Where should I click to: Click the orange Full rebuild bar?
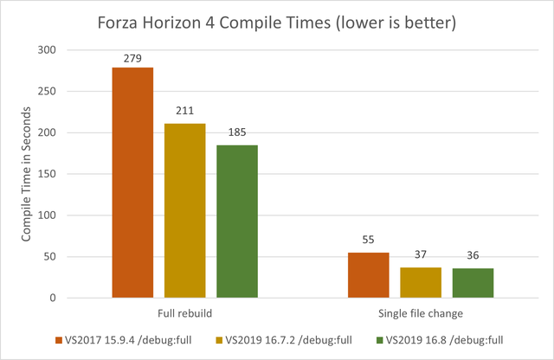point(132,183)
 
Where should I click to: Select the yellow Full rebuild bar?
point(184,210)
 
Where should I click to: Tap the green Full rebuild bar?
point(237,222)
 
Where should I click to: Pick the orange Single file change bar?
point(369,275)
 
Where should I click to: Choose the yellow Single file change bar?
point(421,282)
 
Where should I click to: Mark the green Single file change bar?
point(473,283)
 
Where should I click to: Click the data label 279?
point(132,58)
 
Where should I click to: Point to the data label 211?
point(184,111)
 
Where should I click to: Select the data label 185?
point(237,132)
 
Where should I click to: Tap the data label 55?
point(368,240)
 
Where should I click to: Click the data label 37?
point(421,254)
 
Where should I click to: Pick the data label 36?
point(473,255)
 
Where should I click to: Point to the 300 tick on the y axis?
point(47,50)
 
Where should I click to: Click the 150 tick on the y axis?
point(47,174)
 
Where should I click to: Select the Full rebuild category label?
point(184,313)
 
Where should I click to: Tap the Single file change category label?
point(421,313)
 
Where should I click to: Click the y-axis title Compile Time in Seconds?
point(26,174)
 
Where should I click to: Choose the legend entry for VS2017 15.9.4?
point(124,340)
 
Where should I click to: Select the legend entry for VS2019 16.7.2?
point(284,340)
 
